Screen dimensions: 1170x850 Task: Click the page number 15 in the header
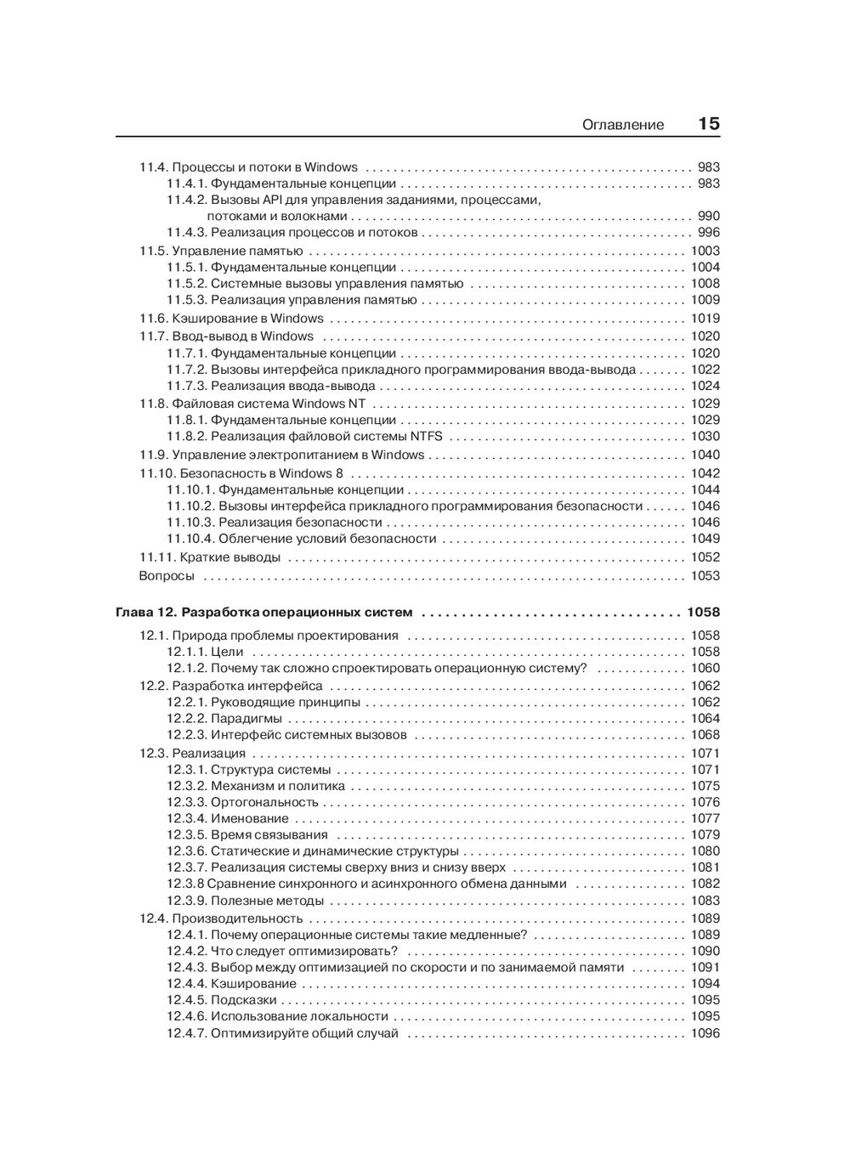pos(709,124)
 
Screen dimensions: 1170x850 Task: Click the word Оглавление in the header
pos(623,125)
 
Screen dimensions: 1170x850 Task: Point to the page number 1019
pos(705,319)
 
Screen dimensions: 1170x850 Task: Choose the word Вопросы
pos(167,576)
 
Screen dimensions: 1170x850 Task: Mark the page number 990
pos(708,217)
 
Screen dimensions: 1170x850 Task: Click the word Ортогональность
pos(264,802)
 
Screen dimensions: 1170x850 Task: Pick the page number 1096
pos(705,1034)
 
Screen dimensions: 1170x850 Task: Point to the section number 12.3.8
pos(184,884)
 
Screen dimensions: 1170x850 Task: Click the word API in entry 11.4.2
pos(274,201)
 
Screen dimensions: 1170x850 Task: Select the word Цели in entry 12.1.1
pos(227,653)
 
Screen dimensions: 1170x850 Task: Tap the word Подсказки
pos(244,1000)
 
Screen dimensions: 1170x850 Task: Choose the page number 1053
pos(705,576)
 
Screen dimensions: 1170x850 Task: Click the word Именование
pos(250,819)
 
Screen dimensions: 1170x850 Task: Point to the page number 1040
pos(705,455)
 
